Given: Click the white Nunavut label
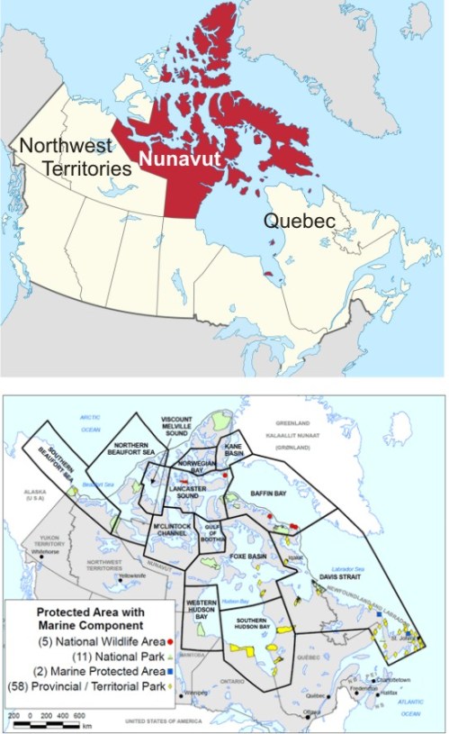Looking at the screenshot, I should click(180, 162).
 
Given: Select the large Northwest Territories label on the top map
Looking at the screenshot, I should click(66, 156).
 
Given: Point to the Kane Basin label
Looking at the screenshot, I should click(233, 456).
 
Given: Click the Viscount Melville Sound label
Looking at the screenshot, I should click(177, 428).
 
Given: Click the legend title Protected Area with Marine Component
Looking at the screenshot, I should click(86, 621).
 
